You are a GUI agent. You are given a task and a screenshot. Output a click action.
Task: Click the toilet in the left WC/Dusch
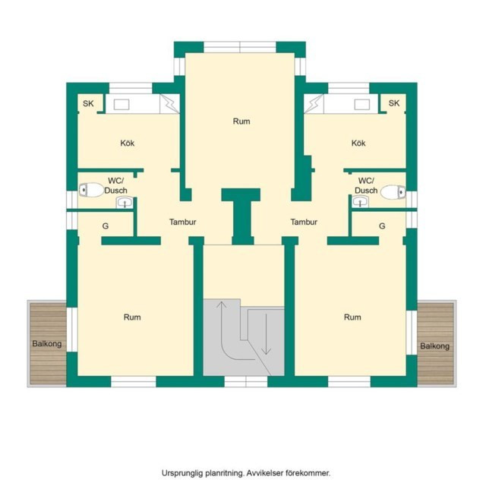pos(91,190)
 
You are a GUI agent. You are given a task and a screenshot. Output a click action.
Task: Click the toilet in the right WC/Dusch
pos(393,192)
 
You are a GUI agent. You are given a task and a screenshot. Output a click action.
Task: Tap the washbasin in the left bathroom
pos(125,203)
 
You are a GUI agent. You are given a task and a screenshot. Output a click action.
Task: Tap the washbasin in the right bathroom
pos(360,202)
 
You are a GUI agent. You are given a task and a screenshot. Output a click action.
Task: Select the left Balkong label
pos(47,344)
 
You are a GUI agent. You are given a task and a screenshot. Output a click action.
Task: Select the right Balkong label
pos(434,346)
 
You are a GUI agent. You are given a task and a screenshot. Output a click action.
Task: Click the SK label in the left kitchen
pos(88,103)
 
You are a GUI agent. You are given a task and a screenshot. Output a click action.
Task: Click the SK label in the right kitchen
pos(394,103)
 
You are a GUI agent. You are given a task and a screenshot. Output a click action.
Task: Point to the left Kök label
pos(128,143)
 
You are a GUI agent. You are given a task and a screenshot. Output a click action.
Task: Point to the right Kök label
pos(358,143)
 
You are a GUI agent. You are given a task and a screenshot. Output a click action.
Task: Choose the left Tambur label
pos(182,222)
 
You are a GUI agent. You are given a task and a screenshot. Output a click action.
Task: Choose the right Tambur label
pos(304,222)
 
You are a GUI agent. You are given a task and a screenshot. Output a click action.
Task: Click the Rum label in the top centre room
pos(241,121)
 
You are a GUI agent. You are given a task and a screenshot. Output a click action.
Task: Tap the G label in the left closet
pos(106,226)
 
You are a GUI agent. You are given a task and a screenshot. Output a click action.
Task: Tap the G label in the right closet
pos(382,226)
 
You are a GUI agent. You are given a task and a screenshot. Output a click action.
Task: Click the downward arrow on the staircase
pos(266,334)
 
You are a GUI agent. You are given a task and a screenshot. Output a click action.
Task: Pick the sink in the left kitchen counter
pos(121,105)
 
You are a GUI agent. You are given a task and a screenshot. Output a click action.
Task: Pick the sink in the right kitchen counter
pos(362,105)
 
